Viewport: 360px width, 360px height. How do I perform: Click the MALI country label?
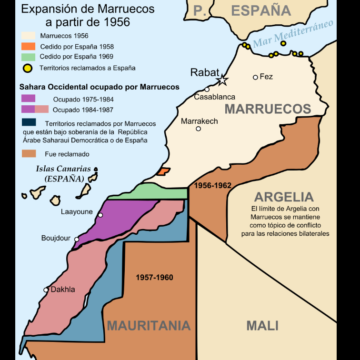tap(264, 325)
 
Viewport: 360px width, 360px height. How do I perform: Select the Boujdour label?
tap(55, 238)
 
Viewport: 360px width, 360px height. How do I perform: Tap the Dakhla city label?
tap(63, 290)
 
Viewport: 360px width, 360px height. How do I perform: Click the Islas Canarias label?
tap(57, 172)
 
